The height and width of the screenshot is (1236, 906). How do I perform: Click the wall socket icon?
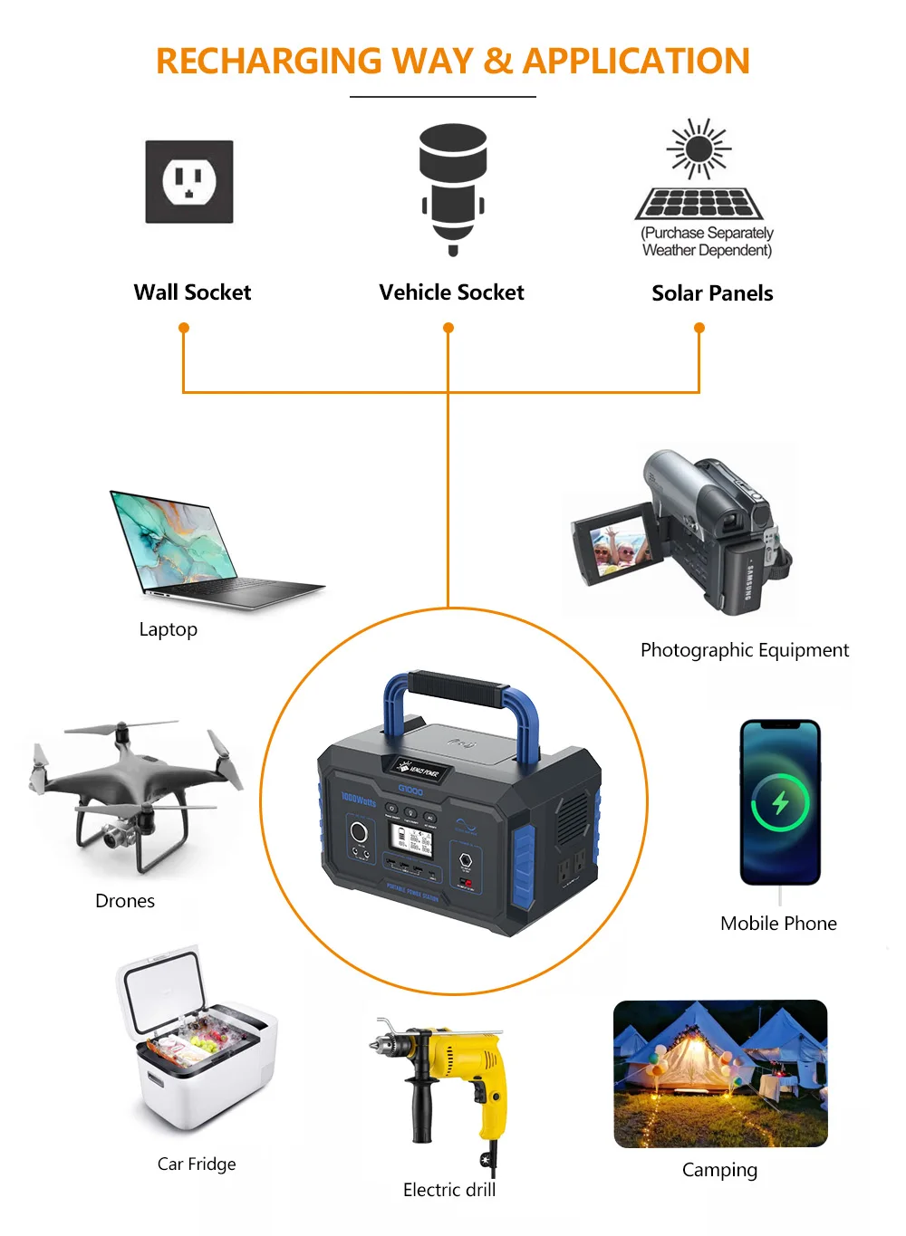[189, 182]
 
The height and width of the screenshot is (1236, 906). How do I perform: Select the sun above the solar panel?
[699, 148]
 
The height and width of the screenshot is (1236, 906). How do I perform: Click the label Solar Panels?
[712, 293]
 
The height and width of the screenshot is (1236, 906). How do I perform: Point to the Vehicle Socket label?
[451, 292]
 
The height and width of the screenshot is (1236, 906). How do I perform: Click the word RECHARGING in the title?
[269, 62]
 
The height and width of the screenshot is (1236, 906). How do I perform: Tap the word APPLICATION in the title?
[636, 62]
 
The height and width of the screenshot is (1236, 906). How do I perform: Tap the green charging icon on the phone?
[779, 802]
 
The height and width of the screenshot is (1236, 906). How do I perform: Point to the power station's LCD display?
[410, 842]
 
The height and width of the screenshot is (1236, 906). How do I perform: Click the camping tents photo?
[720, 1074]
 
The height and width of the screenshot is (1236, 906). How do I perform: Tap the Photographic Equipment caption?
[744, 650]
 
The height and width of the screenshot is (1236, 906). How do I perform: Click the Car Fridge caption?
[197, 1164]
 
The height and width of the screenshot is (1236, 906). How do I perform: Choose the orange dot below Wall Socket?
[184, 328]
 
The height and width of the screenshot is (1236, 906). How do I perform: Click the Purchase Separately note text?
[708, 242]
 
